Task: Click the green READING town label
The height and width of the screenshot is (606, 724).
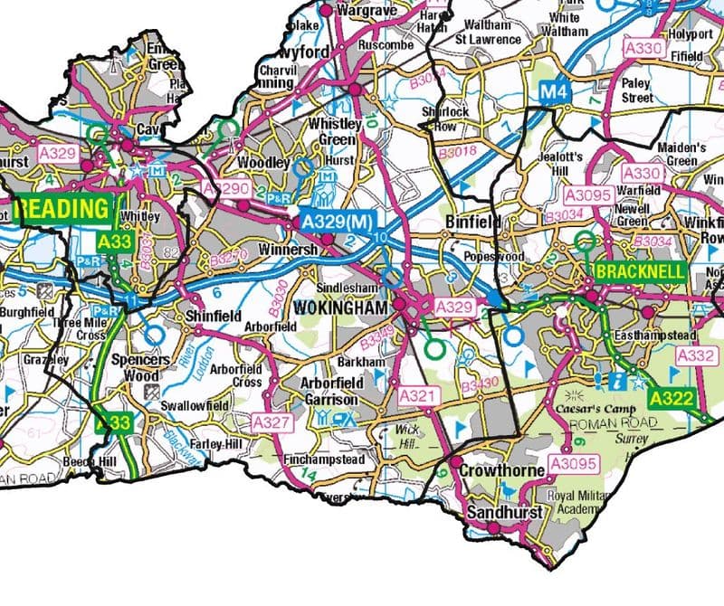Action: pos(62,209)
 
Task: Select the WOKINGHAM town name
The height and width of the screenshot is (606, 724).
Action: pos(353,308)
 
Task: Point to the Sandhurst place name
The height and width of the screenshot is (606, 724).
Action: pos(504,512)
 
